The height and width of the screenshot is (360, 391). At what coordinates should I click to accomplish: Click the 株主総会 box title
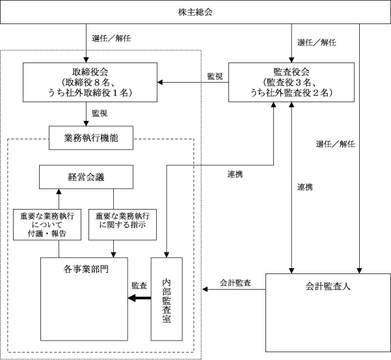point(195,12)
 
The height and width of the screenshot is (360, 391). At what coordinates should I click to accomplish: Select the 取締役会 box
point(90,82)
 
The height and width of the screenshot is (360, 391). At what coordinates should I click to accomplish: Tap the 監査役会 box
point(291,82)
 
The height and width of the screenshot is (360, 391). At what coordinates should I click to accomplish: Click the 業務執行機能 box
point(91,138)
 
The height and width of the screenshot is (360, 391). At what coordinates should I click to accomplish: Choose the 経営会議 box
point(86,177)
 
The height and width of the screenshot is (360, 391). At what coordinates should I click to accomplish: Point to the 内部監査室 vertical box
point(167,299)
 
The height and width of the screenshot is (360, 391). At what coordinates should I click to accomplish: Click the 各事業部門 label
point(86,270)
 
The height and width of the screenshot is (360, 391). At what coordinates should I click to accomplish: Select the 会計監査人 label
point(328,286)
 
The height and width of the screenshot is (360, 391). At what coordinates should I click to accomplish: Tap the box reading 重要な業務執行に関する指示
point(123,225)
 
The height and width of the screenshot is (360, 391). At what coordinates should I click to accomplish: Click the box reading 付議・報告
point(47,225)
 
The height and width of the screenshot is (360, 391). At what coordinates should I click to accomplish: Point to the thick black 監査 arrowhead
point(131,298)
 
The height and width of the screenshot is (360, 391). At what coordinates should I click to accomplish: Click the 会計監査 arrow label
point(235,283)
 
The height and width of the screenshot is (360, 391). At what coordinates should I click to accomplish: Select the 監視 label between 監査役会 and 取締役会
point(215,76)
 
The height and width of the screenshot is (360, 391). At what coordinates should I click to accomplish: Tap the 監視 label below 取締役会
point(100,113)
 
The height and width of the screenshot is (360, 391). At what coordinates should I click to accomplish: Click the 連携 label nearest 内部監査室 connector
point(235,174)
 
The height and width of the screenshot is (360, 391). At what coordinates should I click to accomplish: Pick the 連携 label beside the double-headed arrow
point(304,187)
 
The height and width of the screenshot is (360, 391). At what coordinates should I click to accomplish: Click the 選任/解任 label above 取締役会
point(111,38)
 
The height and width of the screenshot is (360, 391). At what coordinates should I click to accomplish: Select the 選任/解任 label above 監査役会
point(317,43)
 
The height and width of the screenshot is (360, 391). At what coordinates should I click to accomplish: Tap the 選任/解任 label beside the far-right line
point(336,145)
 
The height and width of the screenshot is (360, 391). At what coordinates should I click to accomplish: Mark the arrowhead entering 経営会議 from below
point(59,191)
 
